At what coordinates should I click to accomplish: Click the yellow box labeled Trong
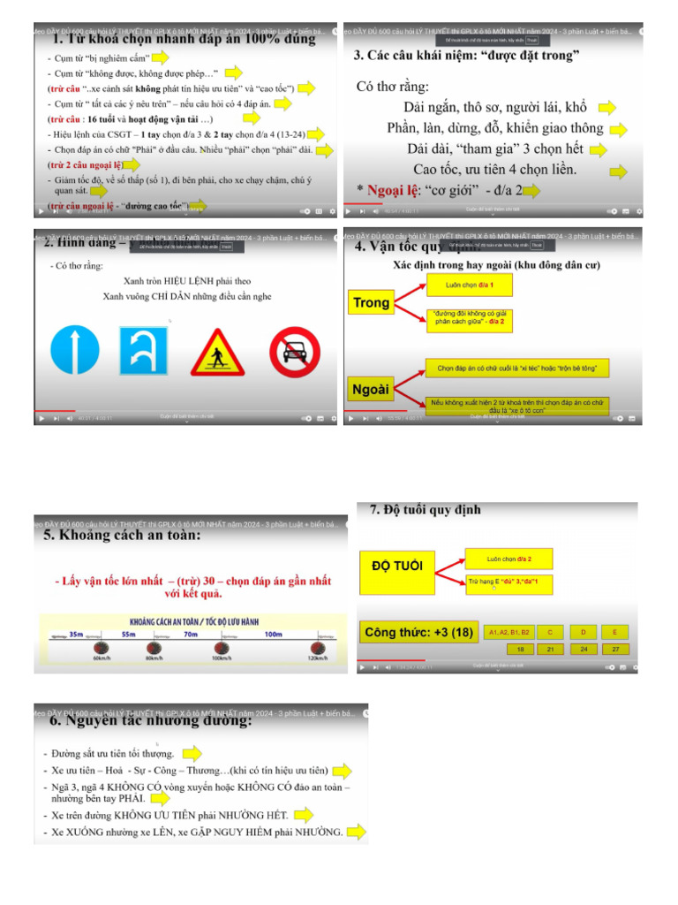point(371,303)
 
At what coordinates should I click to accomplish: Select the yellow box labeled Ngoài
point(371,390)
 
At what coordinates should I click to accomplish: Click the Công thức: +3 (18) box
point(418,632)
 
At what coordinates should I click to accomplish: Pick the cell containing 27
point(615,649)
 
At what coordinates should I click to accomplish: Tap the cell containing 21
point(550,649)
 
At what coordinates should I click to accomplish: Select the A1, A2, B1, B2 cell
point(509,633)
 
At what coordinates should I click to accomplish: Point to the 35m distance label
point(75,635)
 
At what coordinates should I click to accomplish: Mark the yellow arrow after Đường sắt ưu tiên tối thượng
point(192,754)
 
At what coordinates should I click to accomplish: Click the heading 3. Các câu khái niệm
point(466,56)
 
